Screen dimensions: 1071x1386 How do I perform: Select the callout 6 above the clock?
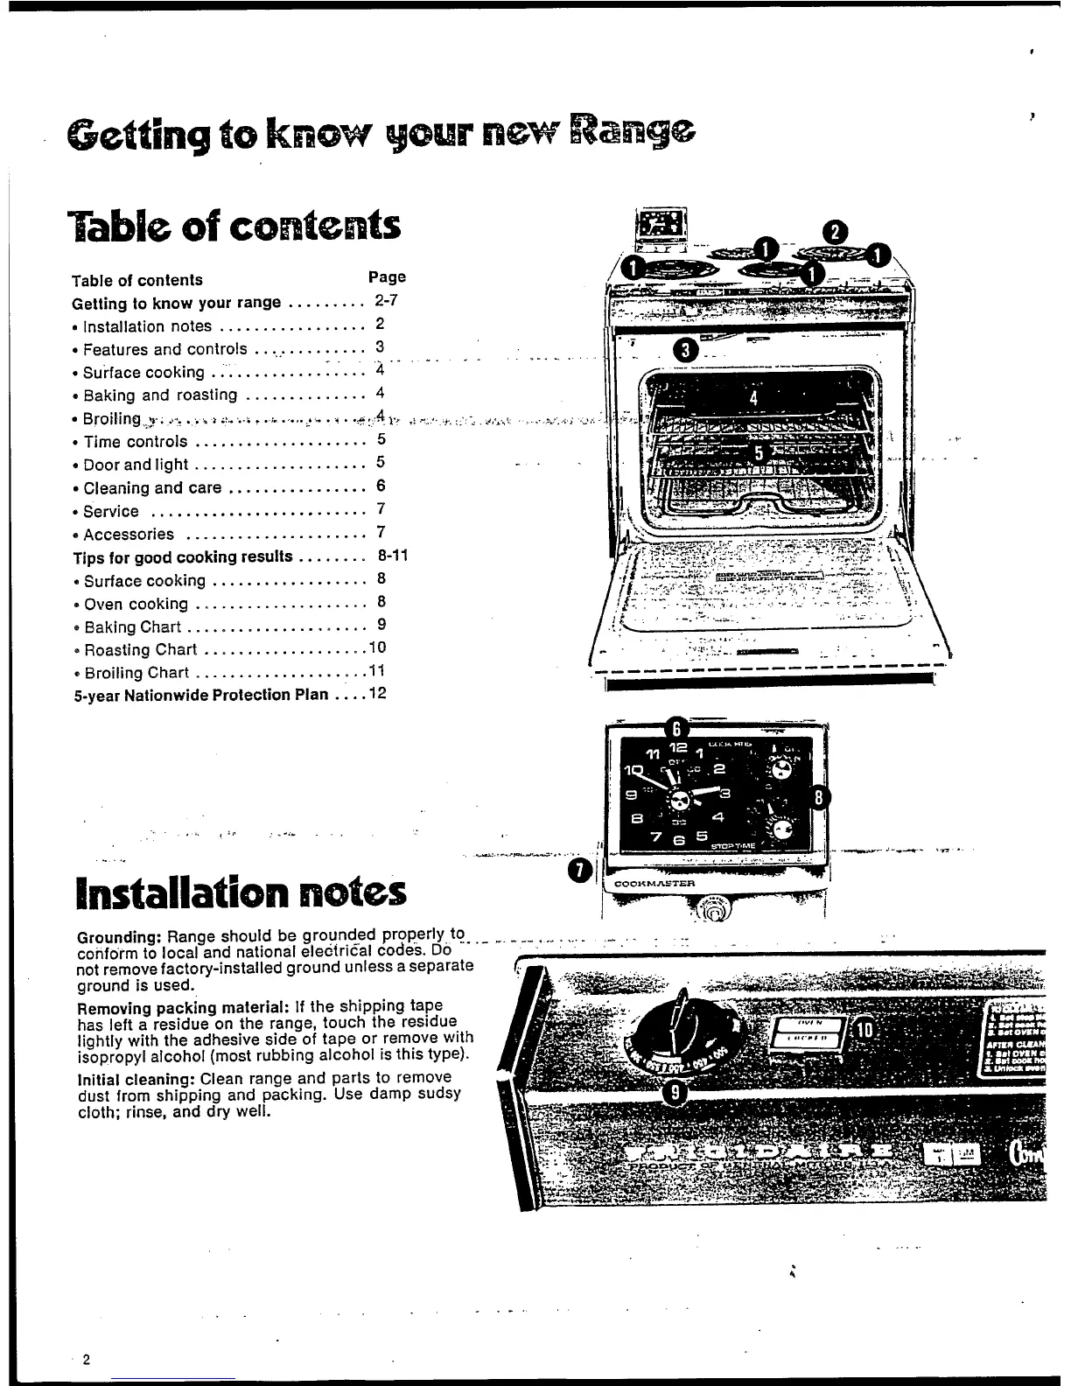(x=675, y=727)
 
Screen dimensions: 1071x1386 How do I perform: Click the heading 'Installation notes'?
(x=241, y=892)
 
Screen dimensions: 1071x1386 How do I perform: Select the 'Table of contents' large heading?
(x=235, y=226)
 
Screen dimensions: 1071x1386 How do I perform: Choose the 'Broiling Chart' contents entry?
(x=136, y=673)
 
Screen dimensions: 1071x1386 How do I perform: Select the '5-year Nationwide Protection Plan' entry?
(x=200, y=695)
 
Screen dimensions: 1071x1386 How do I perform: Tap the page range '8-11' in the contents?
(x=393, y=556)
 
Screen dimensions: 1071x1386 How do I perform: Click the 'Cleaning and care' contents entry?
(x=152, y=488)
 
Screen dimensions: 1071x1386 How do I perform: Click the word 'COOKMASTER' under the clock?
(x=655, y=884)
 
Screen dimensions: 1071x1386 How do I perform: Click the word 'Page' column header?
(x=387, y=276)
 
